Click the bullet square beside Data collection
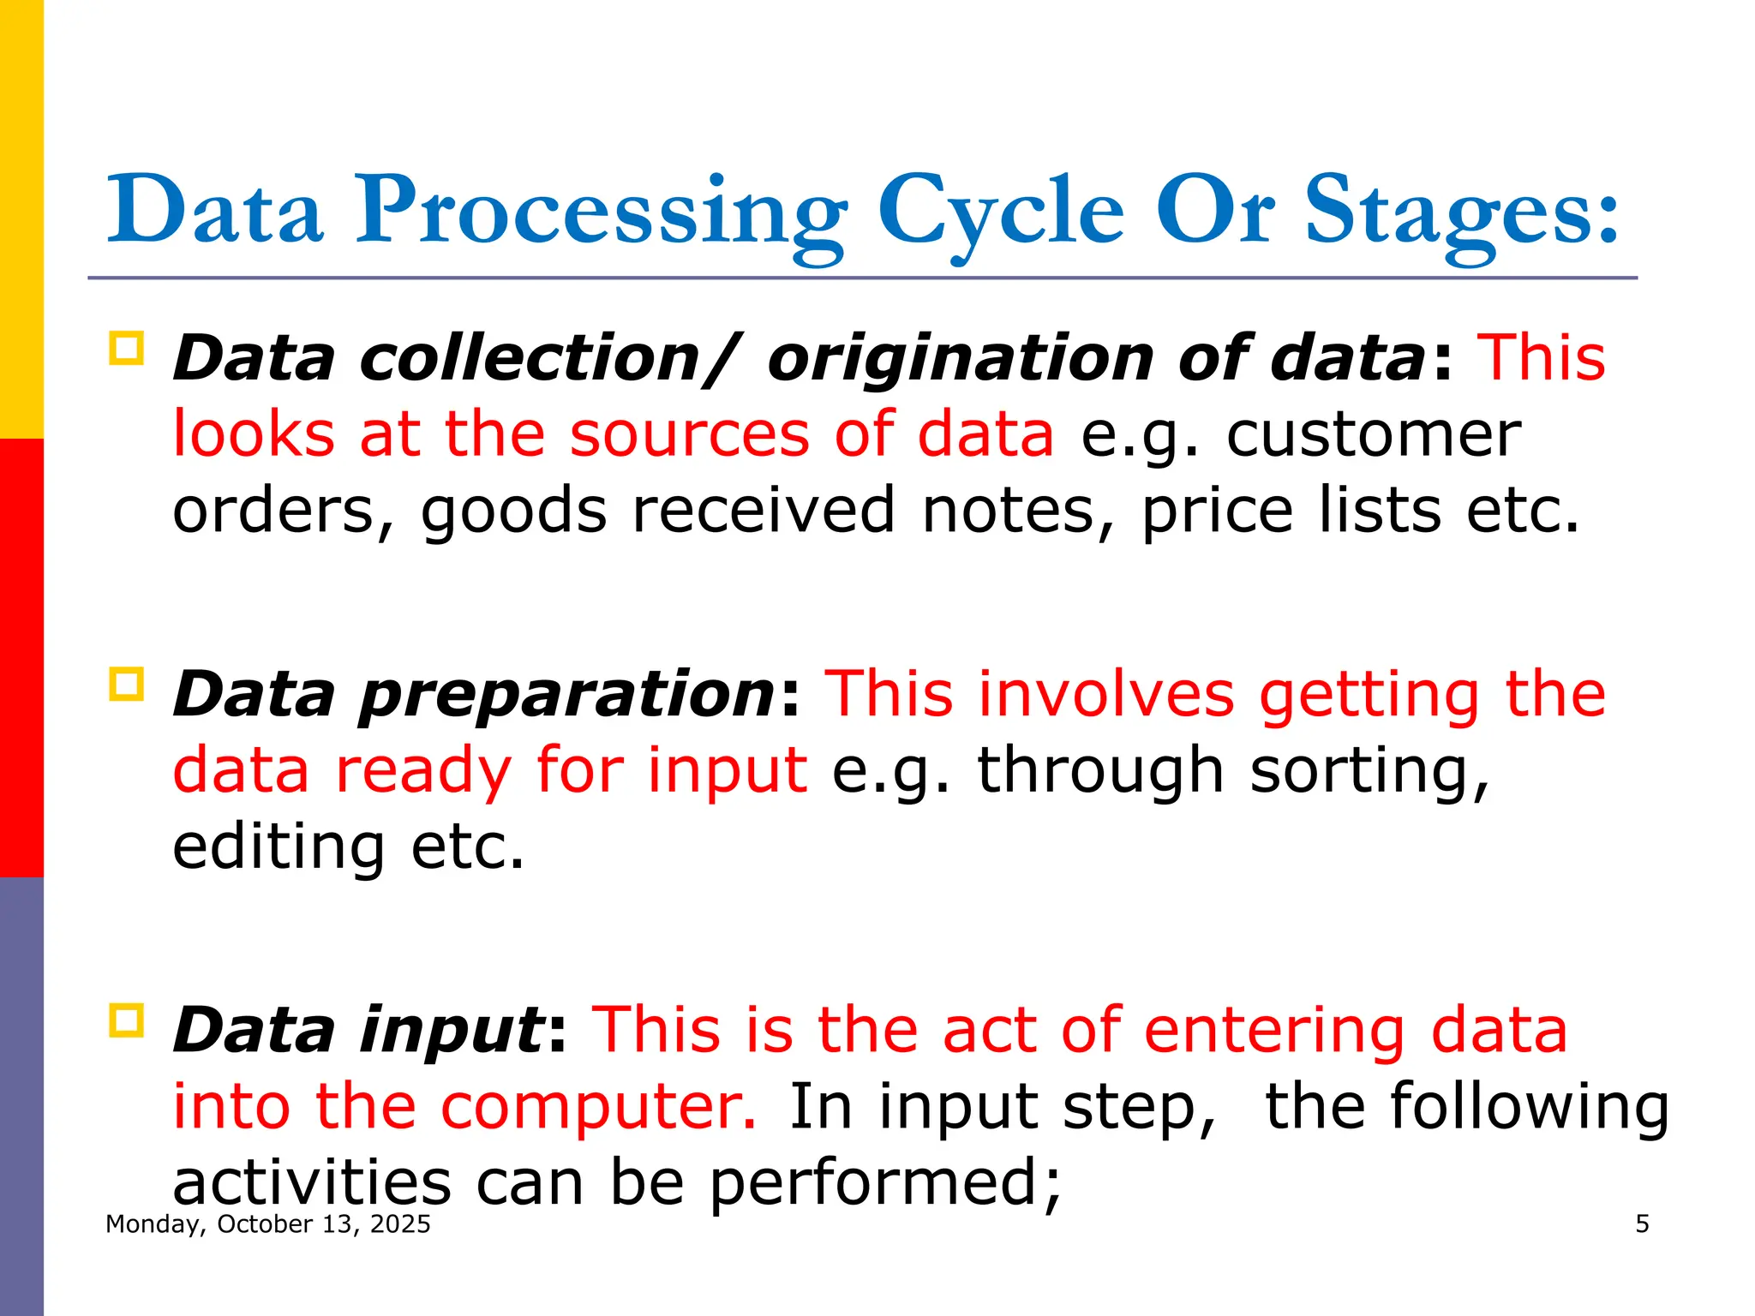(127, 349)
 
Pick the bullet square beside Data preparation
(127, 685)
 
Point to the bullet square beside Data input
(127, 1020)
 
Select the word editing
(279, 847)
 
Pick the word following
(1530, 1106)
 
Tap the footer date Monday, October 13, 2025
(267, 1223)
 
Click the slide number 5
(1642, 1223)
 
